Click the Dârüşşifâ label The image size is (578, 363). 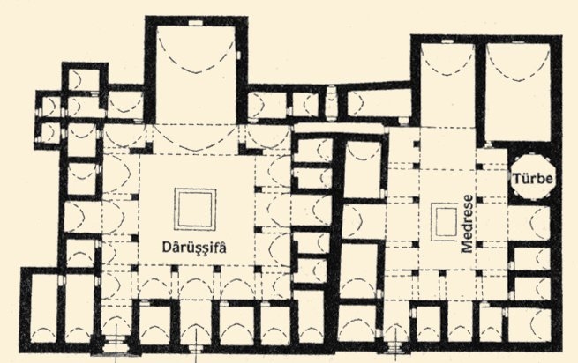[194, 247]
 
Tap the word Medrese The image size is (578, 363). [467, 224]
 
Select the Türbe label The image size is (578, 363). [533, 179]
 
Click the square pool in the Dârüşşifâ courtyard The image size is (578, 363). [195, 210]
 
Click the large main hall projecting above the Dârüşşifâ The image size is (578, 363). [196, 75]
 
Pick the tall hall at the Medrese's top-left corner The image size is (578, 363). [447, 85]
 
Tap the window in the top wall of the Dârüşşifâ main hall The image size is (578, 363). [196, 22]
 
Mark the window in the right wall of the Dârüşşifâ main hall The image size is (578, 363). [239, 55]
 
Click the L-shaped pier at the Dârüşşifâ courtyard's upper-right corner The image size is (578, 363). [248, 148]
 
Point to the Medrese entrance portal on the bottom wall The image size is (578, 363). [396, 347]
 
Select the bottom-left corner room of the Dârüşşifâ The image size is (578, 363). [43, 308]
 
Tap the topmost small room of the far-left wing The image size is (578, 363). [85, 80]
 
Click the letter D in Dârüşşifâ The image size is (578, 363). [167, 247]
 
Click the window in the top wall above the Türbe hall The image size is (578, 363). [518, 41]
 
